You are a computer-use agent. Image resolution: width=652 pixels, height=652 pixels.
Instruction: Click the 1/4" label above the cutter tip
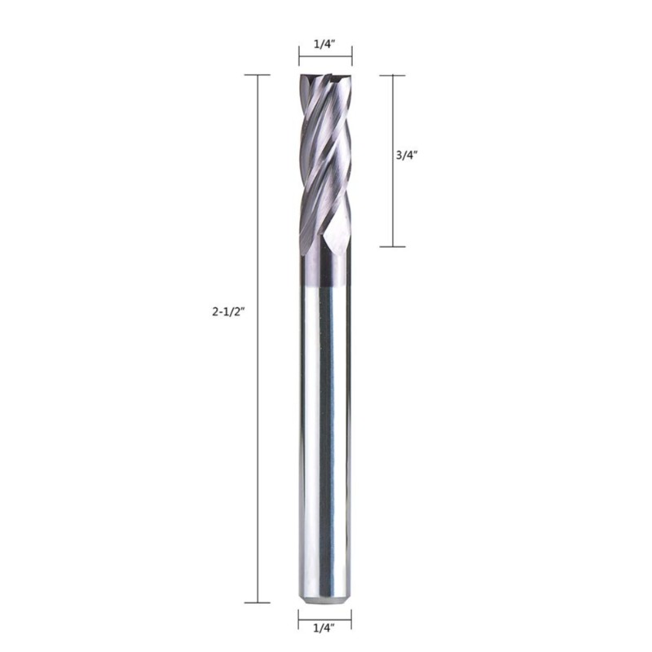[x=324, y=45]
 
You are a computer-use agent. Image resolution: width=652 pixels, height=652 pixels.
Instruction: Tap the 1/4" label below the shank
[x=324, y=640]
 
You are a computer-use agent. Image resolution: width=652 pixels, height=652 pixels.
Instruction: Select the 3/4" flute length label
[x=407, y=155]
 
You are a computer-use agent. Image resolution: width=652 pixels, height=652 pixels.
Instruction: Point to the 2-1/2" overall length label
[x=227, y=311]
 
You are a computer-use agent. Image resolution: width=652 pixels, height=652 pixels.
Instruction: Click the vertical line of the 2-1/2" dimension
[x=258, y=338]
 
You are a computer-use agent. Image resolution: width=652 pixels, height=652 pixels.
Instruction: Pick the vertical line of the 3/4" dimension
[x=393, y=161]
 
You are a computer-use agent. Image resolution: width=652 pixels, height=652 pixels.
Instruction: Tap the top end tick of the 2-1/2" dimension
[x=258, y=75]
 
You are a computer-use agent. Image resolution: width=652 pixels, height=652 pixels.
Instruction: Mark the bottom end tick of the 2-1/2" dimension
[x=258, y=602]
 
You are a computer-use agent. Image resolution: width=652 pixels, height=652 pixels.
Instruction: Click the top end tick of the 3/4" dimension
[x=393, y=75]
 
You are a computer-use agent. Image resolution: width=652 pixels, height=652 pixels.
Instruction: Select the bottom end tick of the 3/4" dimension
[x=393, y=247]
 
